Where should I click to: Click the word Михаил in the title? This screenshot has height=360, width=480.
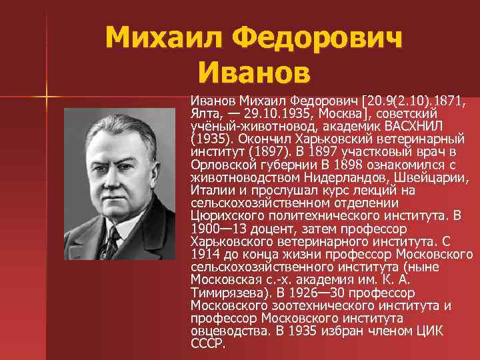(161, 38)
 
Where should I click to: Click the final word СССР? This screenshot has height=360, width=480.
(207, 343)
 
